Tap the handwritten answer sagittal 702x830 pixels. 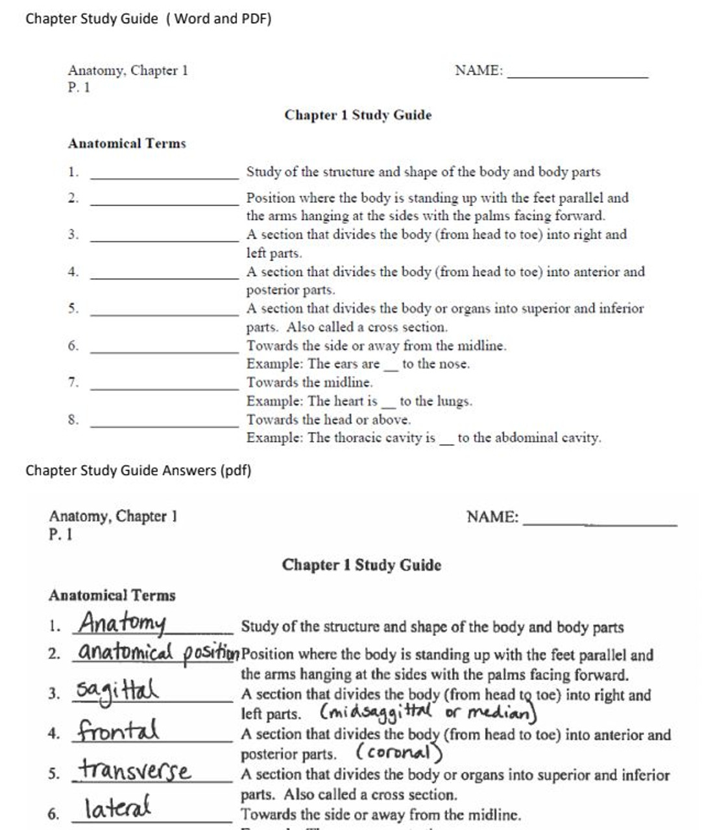[117, 691]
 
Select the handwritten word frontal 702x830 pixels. [117, 731]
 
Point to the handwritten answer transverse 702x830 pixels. [135, 770]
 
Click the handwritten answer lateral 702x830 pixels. [117, 808]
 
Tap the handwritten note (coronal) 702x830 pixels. [398, 753]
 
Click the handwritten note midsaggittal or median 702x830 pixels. [429, 713]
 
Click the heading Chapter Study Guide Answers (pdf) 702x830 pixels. [138, 470]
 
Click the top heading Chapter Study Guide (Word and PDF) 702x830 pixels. [149, 19]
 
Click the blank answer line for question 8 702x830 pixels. [165, 425]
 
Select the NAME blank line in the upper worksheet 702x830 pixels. [577, 76]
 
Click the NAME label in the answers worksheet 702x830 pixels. [492, 517]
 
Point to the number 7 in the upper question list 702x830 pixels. [73, 383]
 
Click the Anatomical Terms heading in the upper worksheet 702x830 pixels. [127, 143]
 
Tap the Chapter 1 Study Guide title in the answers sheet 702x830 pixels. [361, 565]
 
